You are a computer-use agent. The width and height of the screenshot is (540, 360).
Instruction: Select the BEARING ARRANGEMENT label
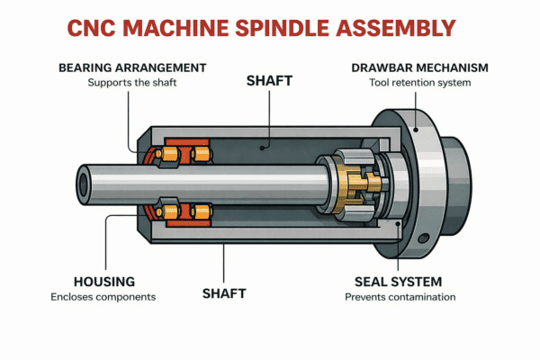coord(132,67)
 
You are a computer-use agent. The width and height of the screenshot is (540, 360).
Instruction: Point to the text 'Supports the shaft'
coord(132,83)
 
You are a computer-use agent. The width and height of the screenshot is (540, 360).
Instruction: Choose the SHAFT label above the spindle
coord(269,81)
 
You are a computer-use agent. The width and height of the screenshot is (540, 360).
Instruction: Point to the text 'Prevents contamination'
coord(399,296)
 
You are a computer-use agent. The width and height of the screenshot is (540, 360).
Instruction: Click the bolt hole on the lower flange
coord(419,240)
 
